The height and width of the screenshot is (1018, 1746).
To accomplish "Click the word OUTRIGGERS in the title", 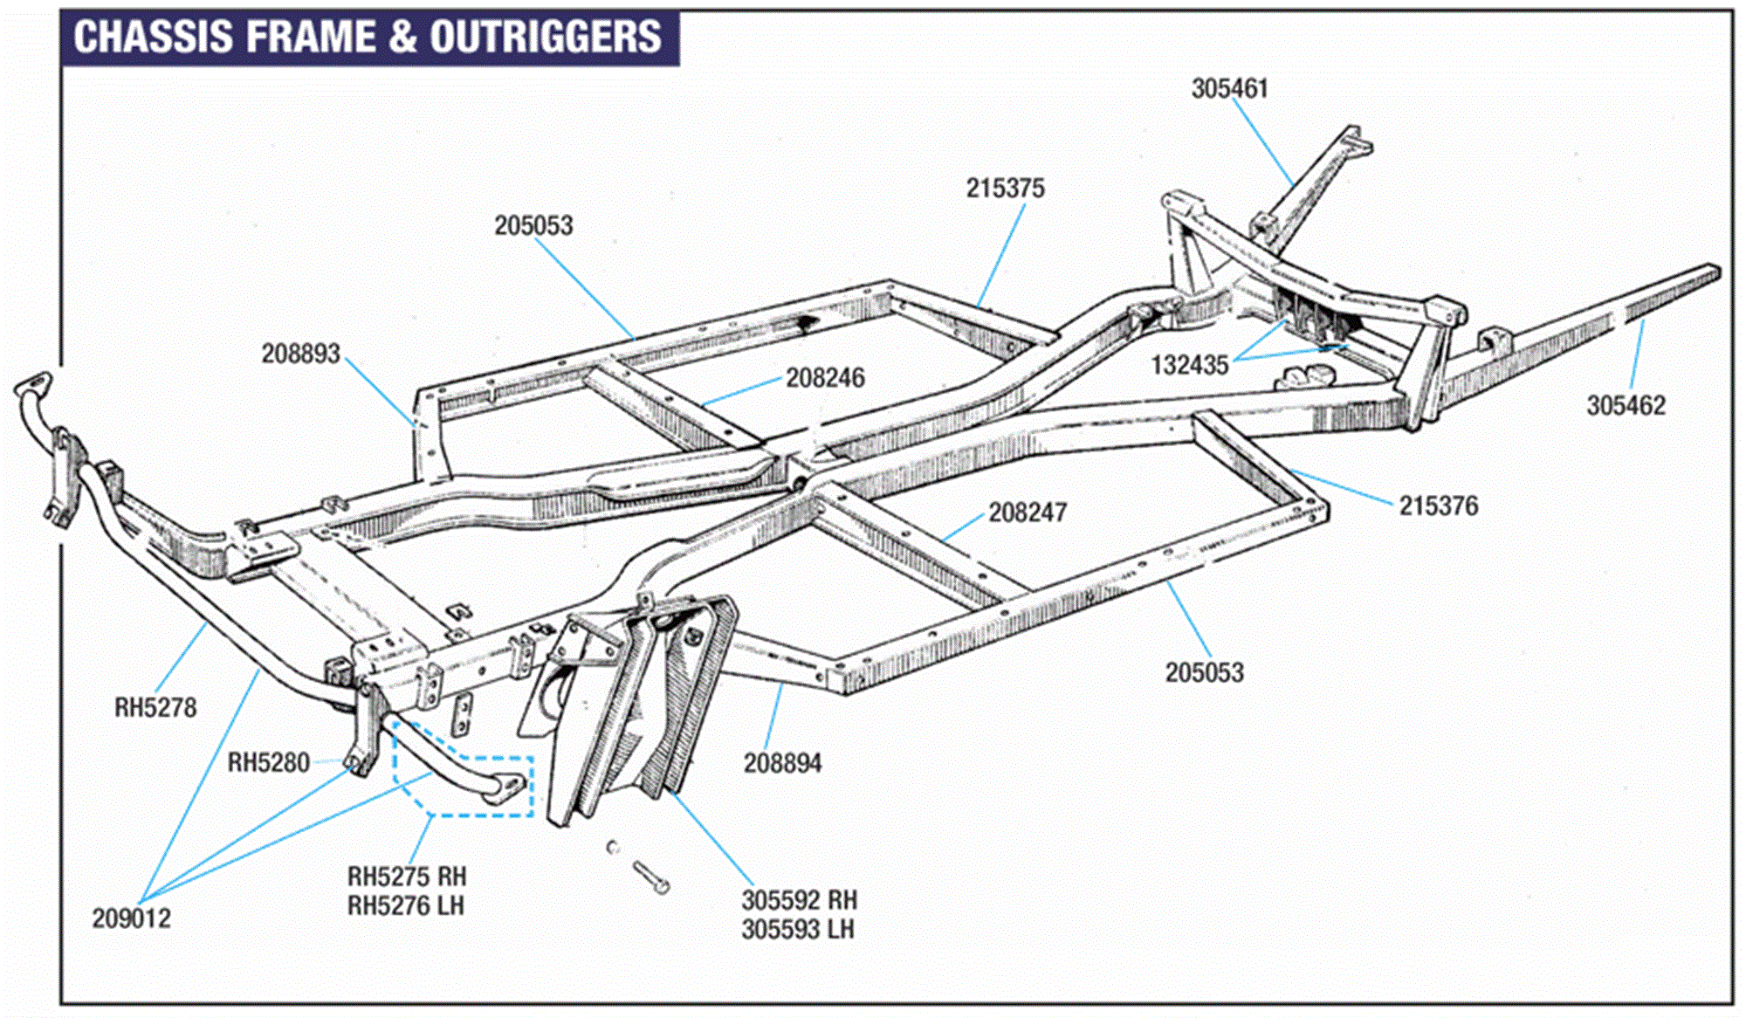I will click(545, 38).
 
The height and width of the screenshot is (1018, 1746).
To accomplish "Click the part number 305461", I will click(1229, 89).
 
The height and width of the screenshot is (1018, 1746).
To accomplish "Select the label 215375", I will click(1005, 189).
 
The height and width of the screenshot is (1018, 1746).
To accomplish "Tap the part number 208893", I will click(300, 354).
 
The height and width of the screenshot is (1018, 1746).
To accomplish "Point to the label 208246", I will click(825, 378).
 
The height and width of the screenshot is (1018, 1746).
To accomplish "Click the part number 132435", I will click(1189, 365).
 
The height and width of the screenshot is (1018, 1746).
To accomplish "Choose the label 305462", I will click(1626, 406).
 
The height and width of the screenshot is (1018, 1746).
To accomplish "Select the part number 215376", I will click(1439, 506).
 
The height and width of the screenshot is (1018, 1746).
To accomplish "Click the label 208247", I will click(1028, 512).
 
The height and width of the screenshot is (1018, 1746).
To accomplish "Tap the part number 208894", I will click(782, 764).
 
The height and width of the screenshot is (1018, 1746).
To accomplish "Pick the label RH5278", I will click(155, 707).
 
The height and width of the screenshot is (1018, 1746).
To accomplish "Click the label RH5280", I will click(268, 763).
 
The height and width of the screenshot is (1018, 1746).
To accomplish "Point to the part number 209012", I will click(131, 918).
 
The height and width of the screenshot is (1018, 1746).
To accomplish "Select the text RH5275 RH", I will click(407, 877).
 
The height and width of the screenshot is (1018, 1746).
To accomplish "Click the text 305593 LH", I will click(798, 930).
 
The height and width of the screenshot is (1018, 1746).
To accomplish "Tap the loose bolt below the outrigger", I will click(651, 877).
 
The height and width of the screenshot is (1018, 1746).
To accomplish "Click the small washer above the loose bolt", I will click(613, 847).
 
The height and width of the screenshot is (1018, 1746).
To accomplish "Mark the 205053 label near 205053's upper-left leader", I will click(533, 226).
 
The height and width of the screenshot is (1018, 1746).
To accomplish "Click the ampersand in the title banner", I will click(403, 38).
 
